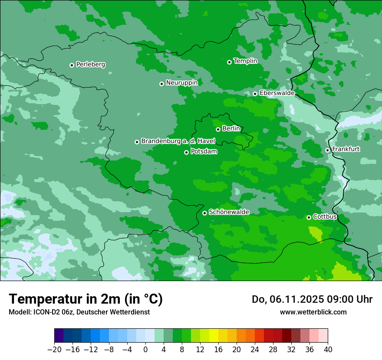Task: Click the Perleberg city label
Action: (x=90, y=65)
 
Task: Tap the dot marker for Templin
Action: (x=229, y=62)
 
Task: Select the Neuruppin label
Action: (x=181, y=83)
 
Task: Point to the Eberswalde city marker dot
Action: (x=255, y=94)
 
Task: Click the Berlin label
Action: (x=231, y=129)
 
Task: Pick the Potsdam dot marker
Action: (x=186, y=152)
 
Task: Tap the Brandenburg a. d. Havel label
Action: (x=178, y=141)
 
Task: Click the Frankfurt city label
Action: (x=346, y=149)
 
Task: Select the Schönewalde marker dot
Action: (x=204, y=213)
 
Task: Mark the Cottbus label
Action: (x=325, y=216)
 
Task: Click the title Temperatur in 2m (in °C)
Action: (x=86, y=299)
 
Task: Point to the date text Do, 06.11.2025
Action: (x=286, y=299)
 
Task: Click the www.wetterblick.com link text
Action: (x=313, y=312)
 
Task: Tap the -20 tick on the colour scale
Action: (x=54, y=350)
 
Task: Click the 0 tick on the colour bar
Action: (x=145, y=350)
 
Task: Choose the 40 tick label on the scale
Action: (x=328, y=350)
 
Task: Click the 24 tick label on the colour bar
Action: (x=255, y=350)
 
